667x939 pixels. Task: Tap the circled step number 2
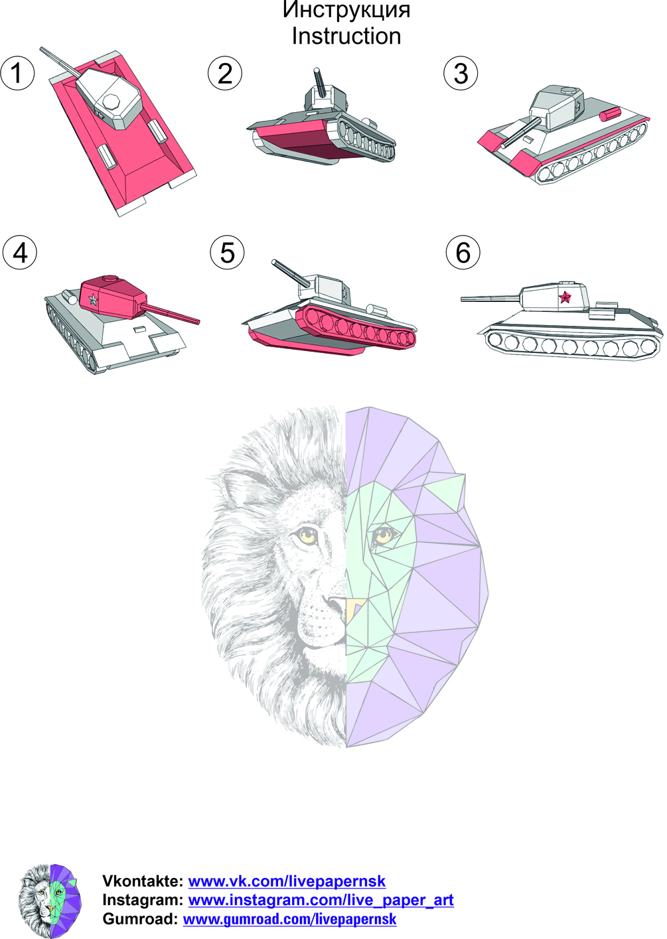pyautogui.click(x=225, y=72)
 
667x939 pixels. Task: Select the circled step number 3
pyautogui.click(x=461, y=72)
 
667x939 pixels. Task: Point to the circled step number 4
pyautogui.click(x=20, y=252)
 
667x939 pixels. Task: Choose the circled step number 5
pyautogui.click(x=227, y=252)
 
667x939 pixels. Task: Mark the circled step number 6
pyautogui.click(x=463, y=252)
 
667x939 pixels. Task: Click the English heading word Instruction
pyautogui.click(x=346, y=36)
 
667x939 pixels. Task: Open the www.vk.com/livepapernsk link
pyautogui.click(x=287, y=881)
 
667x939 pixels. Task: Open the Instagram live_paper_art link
pyautogui.click(x=321, y=900)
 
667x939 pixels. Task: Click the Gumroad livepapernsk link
pyautogui.click(x=289, y=919)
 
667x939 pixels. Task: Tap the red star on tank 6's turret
pyautogui.click(x=565, y=297)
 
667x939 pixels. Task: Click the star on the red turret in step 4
pyautogui.click(x=93, y=300)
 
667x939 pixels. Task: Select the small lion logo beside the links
pyautogui.click(x=50, y=901)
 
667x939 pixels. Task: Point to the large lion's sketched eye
pyautogui.click(x=309, y=534)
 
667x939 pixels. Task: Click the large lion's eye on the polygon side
pyautogui.click(x=382, y=534)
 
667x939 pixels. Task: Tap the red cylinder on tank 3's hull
pyautogui.click(x=612, y=113)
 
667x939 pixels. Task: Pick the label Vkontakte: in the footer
pyautogui.click(x=143, y=881)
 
